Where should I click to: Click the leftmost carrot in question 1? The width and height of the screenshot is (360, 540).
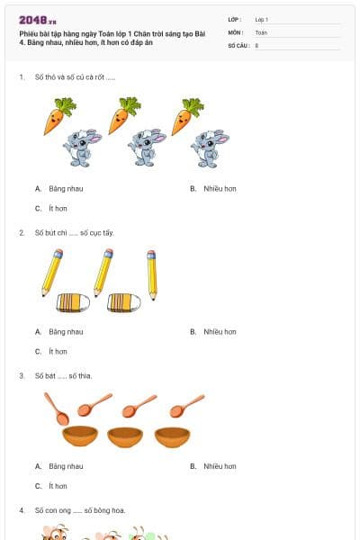pos(58,116)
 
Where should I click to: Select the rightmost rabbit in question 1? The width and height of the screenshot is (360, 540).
pos(209,147)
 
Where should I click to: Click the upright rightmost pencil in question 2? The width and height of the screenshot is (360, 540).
pos(152,274)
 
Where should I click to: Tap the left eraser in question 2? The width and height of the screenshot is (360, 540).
pos(72,302)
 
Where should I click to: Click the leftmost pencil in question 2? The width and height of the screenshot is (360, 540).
pos(52,272)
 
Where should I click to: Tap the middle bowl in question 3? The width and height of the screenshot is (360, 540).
pos(125,436)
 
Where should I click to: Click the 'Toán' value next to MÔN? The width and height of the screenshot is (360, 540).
pos(261,31)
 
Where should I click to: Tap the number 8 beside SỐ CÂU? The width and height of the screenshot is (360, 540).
pos(257,44)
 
